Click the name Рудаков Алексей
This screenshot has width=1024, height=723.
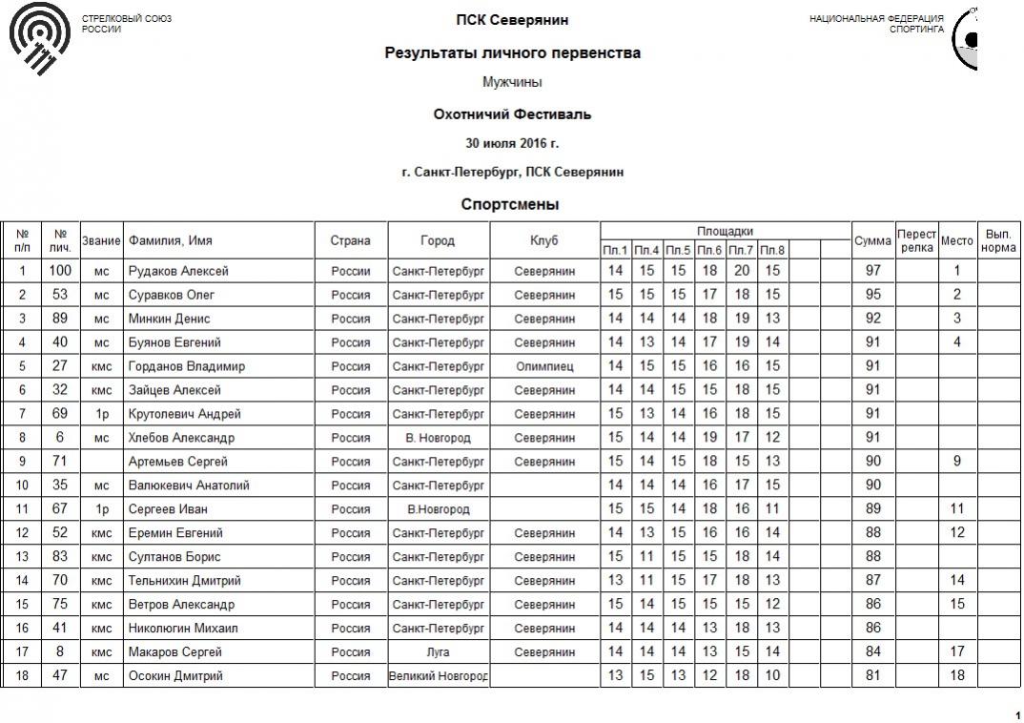178,271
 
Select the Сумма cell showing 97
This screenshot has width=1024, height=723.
872,271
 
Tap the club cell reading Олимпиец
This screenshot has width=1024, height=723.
544,366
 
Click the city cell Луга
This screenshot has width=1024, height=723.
439,652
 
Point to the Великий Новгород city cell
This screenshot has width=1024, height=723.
439,676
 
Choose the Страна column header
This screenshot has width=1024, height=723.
350,240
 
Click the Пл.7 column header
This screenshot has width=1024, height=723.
741,251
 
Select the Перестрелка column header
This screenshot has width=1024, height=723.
916,240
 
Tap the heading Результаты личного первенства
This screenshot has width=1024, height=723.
512,53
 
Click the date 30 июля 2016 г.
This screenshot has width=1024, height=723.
512,143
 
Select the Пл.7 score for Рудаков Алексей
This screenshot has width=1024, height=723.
741,271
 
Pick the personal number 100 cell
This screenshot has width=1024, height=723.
60,271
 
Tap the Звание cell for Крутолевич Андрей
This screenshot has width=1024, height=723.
101,414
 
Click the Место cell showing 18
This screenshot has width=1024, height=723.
957,676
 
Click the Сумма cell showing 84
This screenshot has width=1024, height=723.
872,652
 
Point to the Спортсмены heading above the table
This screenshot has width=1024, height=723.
509,204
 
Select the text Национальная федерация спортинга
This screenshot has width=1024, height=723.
876,24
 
